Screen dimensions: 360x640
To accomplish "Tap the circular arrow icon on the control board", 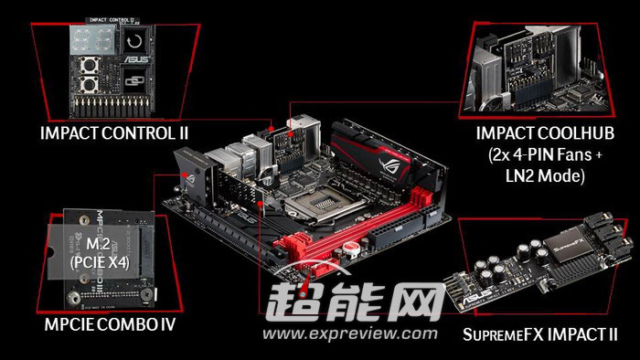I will tap(135, 41).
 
